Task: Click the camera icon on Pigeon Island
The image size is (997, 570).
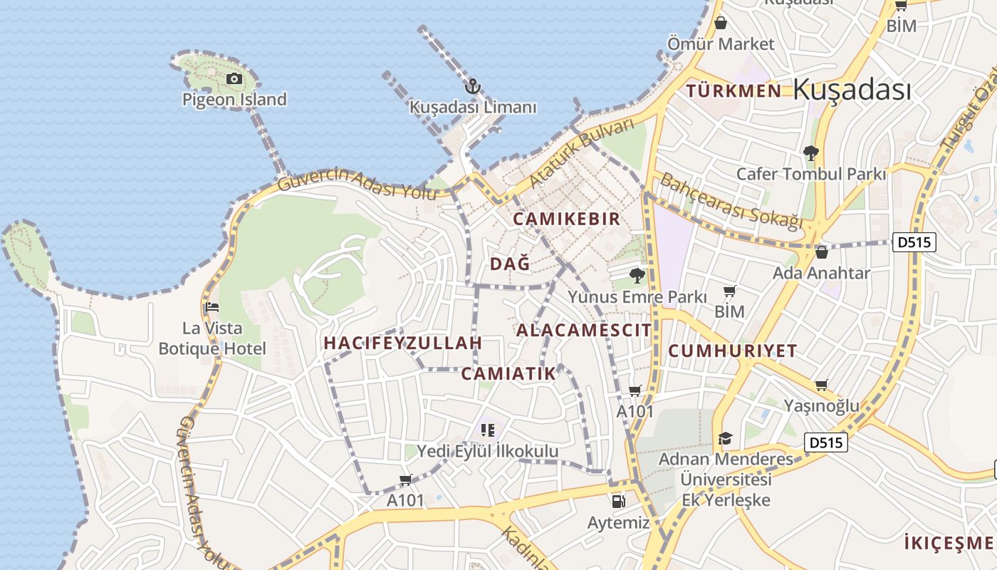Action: coord(234,78)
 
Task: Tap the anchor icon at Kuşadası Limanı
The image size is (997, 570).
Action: coord(472,87)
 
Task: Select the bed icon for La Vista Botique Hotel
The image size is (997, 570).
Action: coord(212,308)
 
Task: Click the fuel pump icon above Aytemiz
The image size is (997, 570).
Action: coord(618,501)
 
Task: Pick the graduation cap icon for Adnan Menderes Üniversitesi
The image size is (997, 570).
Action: coord(725,437)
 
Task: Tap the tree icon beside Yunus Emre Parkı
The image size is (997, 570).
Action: coord(637,275)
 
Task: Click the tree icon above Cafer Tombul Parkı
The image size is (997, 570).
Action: coord(810,152)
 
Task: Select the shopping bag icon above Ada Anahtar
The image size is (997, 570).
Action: coord(821,252)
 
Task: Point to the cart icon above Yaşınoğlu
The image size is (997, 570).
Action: coord(821,385)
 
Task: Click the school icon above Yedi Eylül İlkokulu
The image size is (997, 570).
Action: coord(488,430)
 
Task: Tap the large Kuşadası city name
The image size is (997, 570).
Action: coord(852,90)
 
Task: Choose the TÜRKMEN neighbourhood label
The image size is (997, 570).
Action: coord(734,90)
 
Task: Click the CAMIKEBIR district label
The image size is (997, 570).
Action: coord(567,219)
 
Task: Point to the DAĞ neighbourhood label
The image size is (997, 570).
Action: coord(510,264)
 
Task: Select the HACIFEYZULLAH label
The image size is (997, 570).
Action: coord(403,343)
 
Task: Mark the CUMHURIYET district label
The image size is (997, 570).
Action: coord(733,351)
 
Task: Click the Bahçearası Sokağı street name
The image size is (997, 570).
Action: coord(731,200)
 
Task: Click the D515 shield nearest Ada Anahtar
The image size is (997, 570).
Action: coord(914,242)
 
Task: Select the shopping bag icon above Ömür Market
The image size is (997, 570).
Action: coord(721,23)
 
